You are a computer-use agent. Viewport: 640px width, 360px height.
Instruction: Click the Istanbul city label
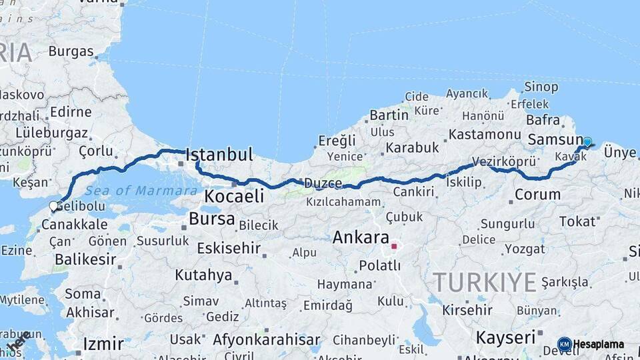point(219,155)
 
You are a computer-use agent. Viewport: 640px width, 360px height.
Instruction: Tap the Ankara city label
point(361,237)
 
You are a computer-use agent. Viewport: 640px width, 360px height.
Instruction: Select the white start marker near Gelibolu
point(53,207)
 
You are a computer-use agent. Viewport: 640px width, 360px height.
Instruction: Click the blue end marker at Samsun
point(587,142)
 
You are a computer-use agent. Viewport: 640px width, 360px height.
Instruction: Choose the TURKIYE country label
point(485,283)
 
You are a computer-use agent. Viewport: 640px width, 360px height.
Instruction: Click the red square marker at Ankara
point(394,246)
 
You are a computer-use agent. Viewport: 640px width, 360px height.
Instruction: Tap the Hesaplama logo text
point(599,345)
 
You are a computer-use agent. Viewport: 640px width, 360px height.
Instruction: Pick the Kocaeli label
point(234,196)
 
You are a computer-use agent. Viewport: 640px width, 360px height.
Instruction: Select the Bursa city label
point(212,219)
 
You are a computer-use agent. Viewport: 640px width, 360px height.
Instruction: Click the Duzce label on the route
point(323,183)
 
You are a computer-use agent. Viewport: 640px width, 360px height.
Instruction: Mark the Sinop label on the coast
point(541,87)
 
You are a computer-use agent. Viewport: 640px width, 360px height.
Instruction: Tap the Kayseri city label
point(506,337)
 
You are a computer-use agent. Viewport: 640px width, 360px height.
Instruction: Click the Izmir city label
point(103,344)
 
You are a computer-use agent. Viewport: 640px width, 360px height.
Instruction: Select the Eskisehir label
point(229,249)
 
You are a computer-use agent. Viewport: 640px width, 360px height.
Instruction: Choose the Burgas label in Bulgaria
point(71,51)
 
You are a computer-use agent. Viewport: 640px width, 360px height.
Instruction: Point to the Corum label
point(538,195)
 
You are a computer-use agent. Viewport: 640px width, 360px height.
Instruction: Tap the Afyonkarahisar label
point(265,339)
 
